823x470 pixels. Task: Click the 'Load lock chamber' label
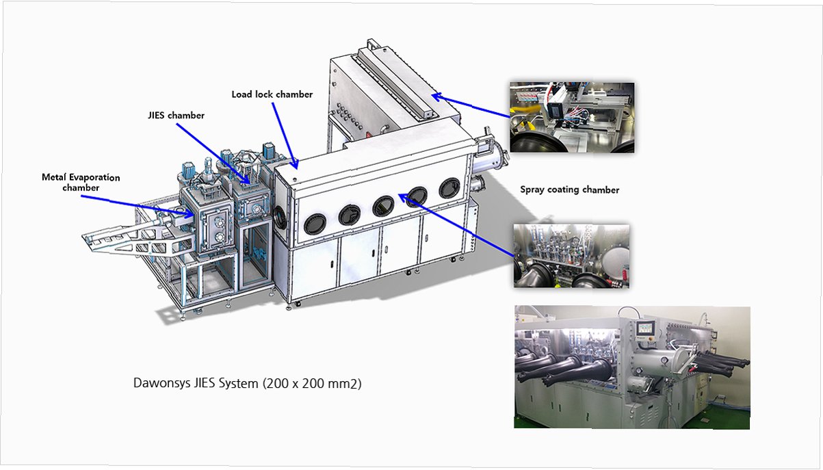272,94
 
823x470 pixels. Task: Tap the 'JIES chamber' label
176,116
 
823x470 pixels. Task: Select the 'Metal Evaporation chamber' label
81,182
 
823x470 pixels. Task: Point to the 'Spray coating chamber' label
569,190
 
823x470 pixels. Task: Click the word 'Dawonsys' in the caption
161,383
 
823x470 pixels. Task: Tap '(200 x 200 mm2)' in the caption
312,383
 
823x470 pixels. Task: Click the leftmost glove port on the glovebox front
315,224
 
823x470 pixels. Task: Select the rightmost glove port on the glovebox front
449,187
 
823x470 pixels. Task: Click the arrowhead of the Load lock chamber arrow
294,164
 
